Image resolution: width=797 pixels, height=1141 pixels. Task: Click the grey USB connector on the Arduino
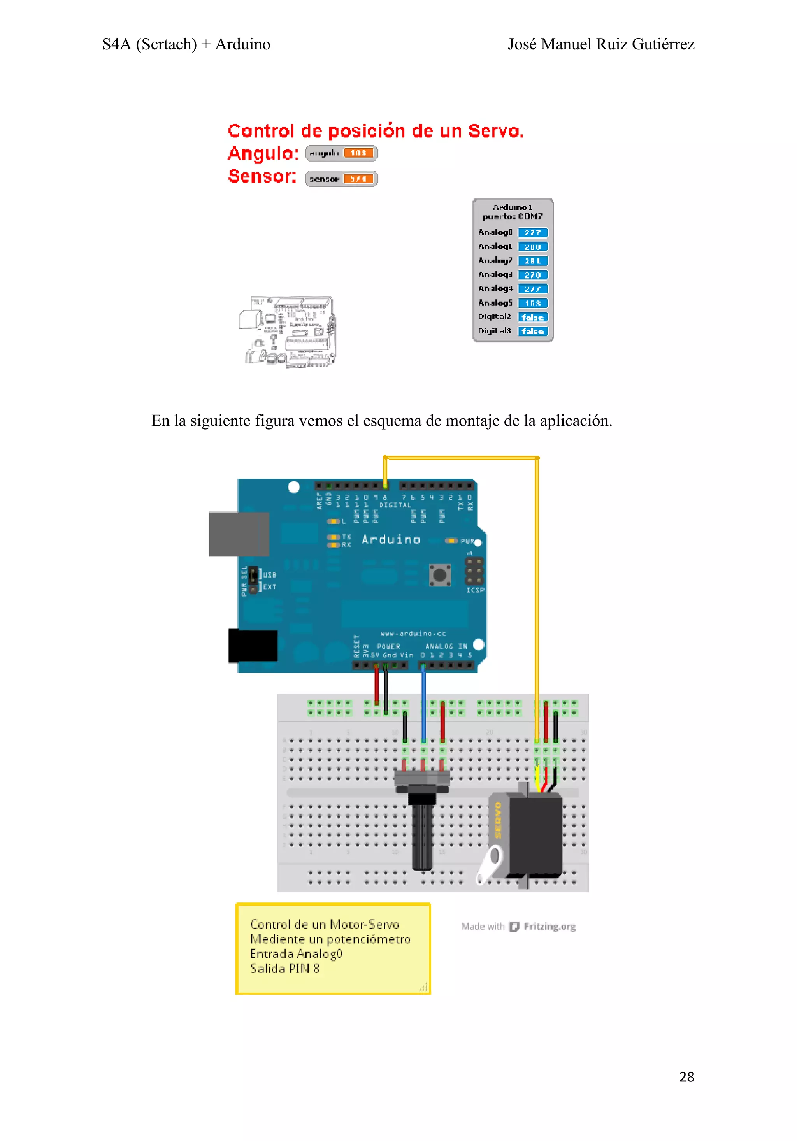pyautogui.click(x=239, y=534)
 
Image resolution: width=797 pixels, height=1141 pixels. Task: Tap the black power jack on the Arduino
pyautogui.click(x=253, y=645)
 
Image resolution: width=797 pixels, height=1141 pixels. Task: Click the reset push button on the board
pyautogui.click(x=440, y=575)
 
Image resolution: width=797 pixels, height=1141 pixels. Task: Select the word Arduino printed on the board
pyautogui.click(x=391, y=540)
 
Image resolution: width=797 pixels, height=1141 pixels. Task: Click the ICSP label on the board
pyautogui.click(x=475, y=590)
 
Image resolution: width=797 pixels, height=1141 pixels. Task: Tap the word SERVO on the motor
pyautogui.click(x=498, y=820)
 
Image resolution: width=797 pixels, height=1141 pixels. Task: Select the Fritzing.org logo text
pyautogui.click(x=549, y=926)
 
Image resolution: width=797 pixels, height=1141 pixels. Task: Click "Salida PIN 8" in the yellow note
pyautogui.click(x=285, y=969)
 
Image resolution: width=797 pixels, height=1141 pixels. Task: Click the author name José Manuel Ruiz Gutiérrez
pyautogui.click(x=601, y=44)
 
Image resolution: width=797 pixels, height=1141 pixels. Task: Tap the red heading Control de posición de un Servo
pyautogui.click(x=376, y=131)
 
